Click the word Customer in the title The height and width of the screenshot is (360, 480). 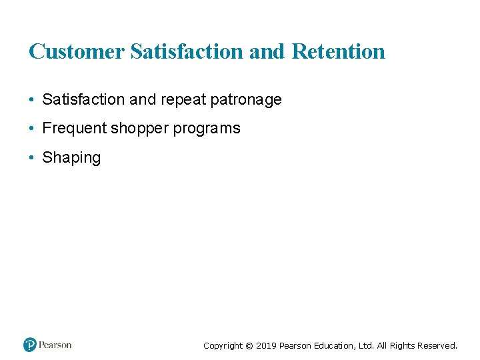tap(77, 51)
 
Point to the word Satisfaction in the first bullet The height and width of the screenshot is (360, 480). tap(83, 100)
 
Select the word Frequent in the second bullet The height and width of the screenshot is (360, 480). tap(74, 128)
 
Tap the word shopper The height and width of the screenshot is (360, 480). tap(140, 128)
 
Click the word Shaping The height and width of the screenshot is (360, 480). tap(71, 158)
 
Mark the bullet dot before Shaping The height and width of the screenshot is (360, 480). tap(31, 158)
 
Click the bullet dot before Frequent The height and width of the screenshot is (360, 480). tap(31, 128)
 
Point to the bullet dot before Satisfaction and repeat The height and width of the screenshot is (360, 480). tap(31, 100)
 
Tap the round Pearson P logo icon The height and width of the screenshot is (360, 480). tap(30, 345)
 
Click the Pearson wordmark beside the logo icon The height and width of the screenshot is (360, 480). tap(55, 345)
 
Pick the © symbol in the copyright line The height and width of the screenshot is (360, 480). tap(249, 345)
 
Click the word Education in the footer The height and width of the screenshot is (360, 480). tap(331, 345)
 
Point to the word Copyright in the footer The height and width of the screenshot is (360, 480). tap(223, 345)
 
